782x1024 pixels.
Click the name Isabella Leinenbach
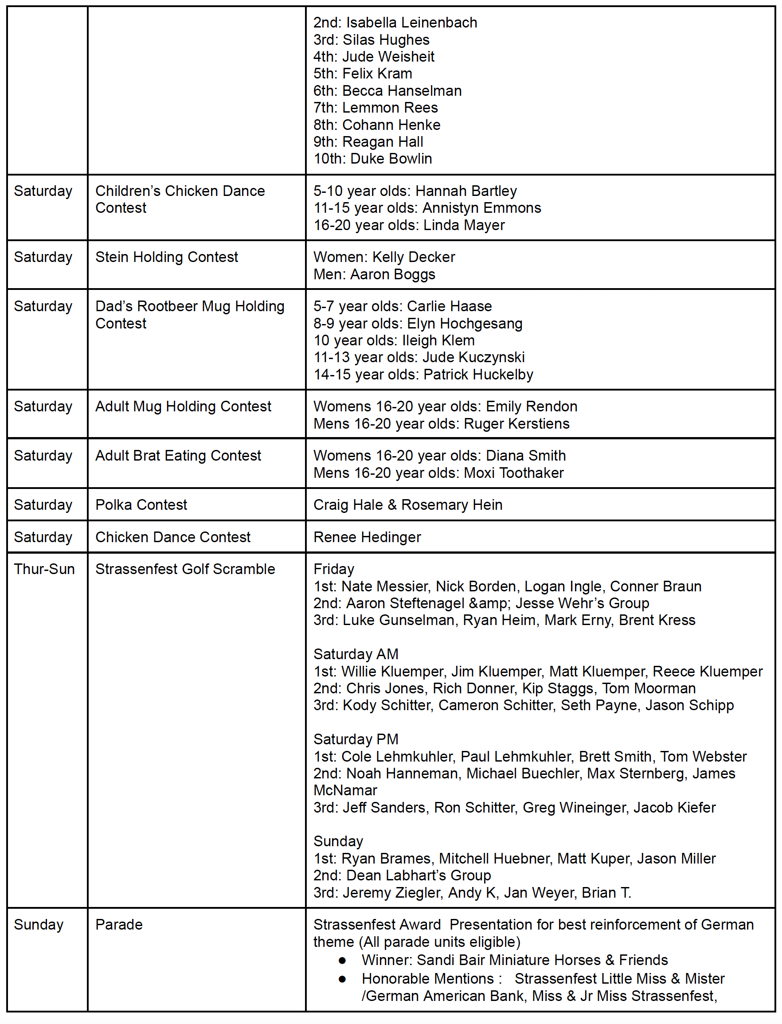[x=411, y=22]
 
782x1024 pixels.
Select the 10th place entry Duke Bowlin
[x=391, y=159]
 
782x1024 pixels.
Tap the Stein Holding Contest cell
[x=166, y=257]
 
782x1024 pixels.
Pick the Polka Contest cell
[x=141, y=504]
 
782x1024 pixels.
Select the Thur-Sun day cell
[x=44, y=569]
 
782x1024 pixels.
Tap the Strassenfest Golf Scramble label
[x=185, y=569]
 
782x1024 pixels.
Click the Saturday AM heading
[x=356, y=654]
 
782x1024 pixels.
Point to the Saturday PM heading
[x=356, y=739]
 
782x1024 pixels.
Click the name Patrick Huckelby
[x=478, y=374]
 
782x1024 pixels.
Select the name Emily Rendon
[x=531, y=406]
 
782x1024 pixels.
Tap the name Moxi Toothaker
[x=513, y=473]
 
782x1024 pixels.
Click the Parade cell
[x=119, y=924]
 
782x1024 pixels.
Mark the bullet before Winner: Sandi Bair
[x=343, y=960]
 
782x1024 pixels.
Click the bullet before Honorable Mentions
[x=343, y=979]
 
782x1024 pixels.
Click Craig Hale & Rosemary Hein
[x=408, y=504]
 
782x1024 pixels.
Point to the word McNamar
[x=345, y=790]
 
